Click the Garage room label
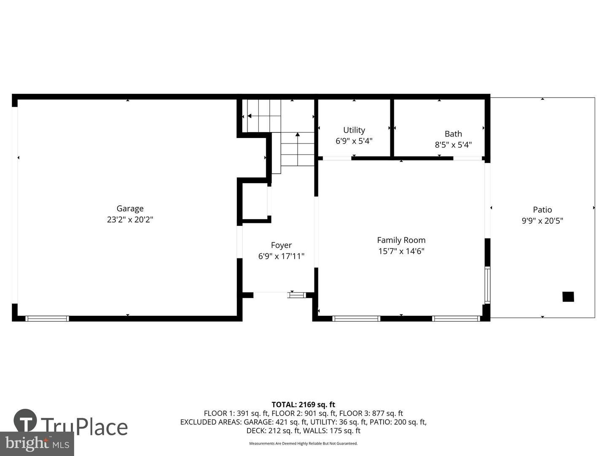[130, 209]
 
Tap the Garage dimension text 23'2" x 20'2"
[130, 220]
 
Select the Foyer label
[281, 246]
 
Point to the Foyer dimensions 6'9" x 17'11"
[281, 256]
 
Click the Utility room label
[354, 130]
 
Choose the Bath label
[453, 134]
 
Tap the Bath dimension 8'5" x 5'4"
[453, 145]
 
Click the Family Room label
[401, 240]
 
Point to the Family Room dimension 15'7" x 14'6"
[401, 251]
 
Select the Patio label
[543, 210]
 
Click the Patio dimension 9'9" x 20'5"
[543, 221]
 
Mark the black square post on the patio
[568, 297]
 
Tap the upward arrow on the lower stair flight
[298, 149]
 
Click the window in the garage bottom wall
[47, 319]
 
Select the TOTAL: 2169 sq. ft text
[303, 405]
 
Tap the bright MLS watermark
[37, 444]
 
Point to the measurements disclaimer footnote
[303, 443]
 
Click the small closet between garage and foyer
[255, 201]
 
